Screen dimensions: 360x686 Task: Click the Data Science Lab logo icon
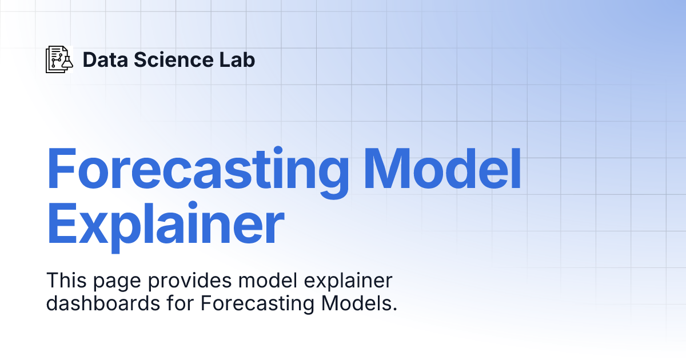click(59, 59)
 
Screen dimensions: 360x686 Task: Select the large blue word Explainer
click(165, 226)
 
